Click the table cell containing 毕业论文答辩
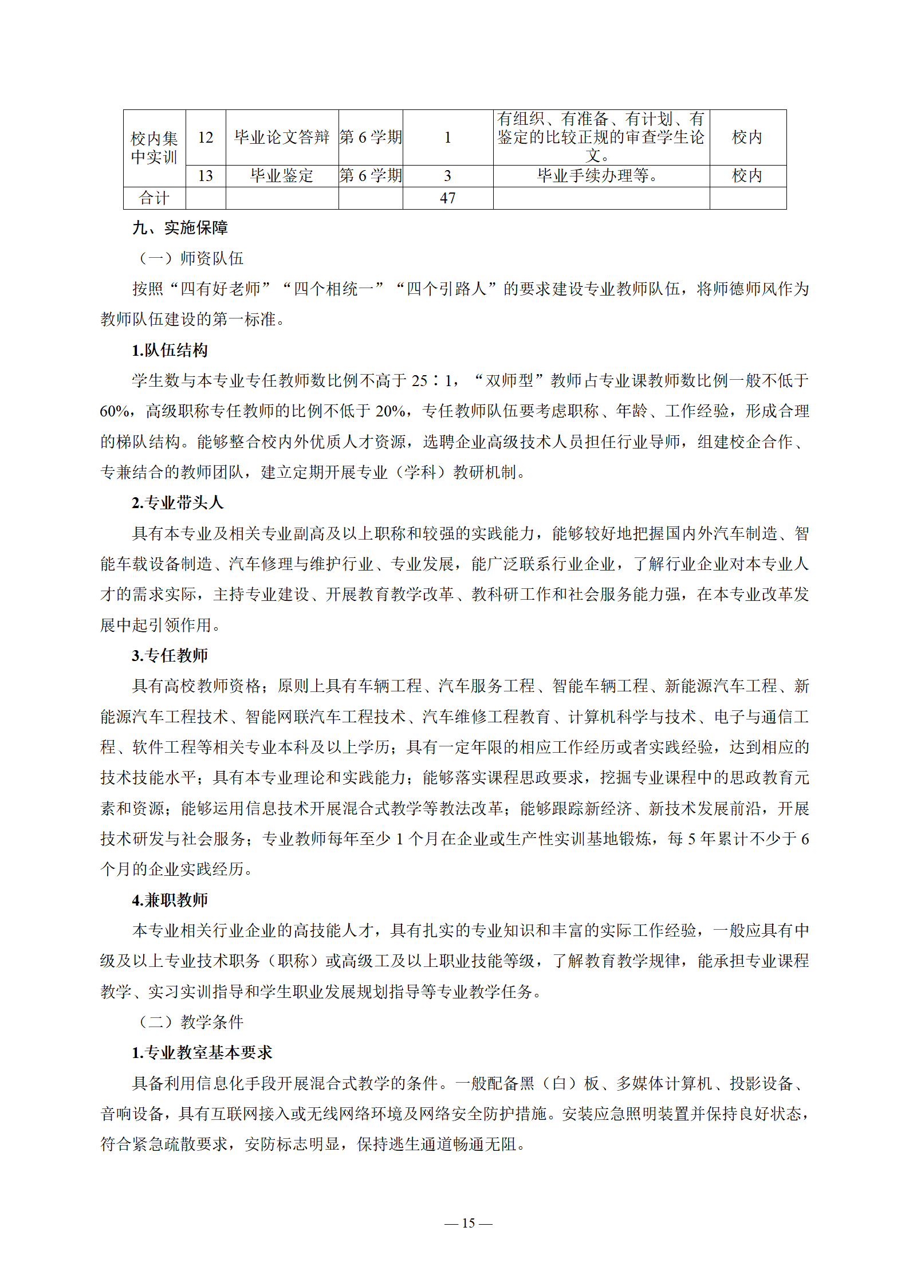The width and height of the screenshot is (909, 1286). (x=282, y=137)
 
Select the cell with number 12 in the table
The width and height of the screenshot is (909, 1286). (x=206, y=137)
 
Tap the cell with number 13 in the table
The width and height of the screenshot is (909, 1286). (x=206, y=176)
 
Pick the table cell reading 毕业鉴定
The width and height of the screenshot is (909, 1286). (x=282, y=176)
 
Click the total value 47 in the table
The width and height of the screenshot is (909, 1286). (x=447, y=198)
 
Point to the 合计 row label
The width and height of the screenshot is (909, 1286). (x=154, y=198)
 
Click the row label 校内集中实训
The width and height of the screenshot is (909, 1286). (x=154, y=147)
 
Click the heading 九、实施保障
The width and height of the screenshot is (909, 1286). (x=180, y=228)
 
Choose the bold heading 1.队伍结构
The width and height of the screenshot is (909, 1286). (x=170, y=350)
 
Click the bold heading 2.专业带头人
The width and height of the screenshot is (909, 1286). (x=177, y=502)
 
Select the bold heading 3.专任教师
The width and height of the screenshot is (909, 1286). (x=170, y=655)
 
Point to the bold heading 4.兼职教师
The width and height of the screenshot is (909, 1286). (x=170, y=900)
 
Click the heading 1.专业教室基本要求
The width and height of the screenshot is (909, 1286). (x=202, y=1052)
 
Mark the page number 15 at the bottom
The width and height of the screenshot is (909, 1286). (x=468, y=1223)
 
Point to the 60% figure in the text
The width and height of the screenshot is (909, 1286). (x=115, y=411)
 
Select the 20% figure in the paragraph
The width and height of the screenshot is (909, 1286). (x=390, y=411)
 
